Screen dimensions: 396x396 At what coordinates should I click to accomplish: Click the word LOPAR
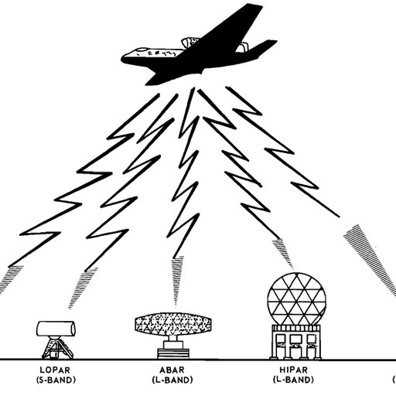[55, 370]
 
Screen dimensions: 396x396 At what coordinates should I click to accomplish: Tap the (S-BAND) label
[56, 380]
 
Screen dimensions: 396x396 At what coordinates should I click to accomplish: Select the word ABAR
[172, 370]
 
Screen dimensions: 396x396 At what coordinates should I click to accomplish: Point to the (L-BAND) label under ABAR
[172, 380]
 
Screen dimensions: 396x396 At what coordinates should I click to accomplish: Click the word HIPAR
[294, 370]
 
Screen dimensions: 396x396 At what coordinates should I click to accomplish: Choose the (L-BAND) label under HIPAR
[293, 380]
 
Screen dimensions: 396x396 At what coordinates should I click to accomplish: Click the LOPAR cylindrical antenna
[56, 329]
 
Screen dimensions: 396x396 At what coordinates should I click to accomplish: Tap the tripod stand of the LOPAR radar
[57, 347]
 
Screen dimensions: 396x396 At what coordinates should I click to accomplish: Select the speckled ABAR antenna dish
[173, 324]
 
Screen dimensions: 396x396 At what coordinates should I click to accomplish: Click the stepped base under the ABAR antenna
[173, 350]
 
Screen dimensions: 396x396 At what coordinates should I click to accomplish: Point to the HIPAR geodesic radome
[295, 299]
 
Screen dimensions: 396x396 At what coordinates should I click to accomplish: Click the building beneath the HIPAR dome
[295, 342]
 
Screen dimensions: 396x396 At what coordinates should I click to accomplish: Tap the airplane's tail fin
[261, 49]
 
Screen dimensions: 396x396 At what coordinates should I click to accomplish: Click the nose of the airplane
[124, 59]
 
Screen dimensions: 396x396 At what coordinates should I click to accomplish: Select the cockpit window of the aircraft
[142, 49]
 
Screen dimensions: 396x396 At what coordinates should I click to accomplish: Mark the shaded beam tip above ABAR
[178, 280]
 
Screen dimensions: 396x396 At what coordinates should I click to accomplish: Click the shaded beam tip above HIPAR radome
[283, 253]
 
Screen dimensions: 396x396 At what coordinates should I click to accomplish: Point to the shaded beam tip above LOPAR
[82, 288]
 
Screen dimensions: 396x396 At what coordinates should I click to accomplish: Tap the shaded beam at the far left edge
[10, 279]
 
